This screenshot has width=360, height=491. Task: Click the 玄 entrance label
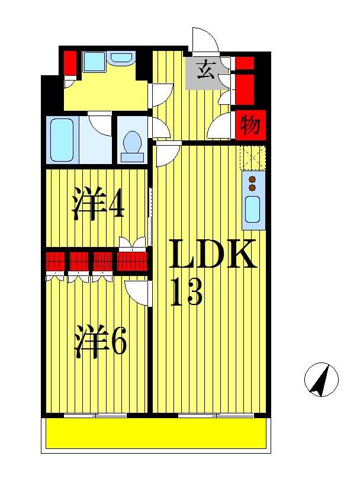tap(205, 70)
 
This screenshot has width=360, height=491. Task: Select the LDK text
tap(213, 255)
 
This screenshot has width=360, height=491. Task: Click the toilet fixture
tap(132, 146)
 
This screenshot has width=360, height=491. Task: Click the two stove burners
tap(253, 184)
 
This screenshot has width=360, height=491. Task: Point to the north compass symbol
tap(322, 379)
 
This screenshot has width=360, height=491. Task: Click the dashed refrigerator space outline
tap(252, 158)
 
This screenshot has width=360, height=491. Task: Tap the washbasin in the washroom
tap(121, 58)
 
